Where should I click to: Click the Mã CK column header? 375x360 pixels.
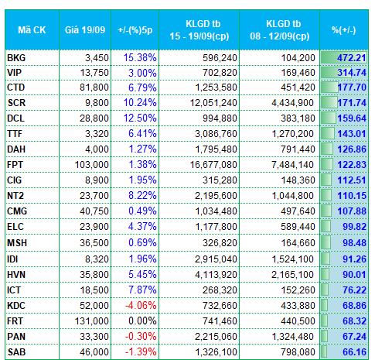click(32, 30)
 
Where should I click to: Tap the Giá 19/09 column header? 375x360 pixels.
click(85, 30)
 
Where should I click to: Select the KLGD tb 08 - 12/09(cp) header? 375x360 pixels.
click(280, 30)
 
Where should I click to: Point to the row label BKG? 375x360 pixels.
click(16, 58)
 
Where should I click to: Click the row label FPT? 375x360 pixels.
click(15, 165)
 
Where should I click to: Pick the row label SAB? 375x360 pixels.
click(16, 352)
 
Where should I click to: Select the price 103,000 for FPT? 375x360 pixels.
click(92, 165)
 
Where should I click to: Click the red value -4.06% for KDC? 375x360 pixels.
click(141, 306)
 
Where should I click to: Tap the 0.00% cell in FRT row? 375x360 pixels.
click(142, 321)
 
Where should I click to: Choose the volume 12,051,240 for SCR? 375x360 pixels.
click(213, 103)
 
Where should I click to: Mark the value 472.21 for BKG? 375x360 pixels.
click(352, 58)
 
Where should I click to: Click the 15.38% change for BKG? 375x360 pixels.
click(140, 58)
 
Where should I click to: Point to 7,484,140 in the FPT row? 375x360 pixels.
click(292, 165)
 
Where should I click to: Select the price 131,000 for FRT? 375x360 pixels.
click(92, 321)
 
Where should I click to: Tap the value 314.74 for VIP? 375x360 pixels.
click(352, 73)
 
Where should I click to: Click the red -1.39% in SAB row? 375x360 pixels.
click(141, 352)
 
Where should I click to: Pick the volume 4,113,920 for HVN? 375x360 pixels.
click(216, 275)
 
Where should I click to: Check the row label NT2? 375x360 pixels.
click(15, 196)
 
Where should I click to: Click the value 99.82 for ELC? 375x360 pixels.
click(354, 227)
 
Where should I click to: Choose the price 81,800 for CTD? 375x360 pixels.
click(94, 87)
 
